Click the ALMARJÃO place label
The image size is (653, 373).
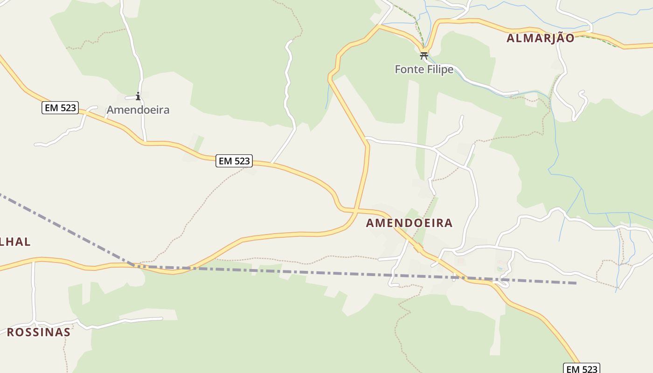point(540,38)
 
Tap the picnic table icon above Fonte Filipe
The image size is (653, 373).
point(424,56)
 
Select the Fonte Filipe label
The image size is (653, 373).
point(424,69)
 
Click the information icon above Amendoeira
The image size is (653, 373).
point(138,97)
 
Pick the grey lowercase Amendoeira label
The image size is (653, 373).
point(138,110)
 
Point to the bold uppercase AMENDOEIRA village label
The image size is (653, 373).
point(409,223)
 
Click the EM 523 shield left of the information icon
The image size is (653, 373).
point(60,108)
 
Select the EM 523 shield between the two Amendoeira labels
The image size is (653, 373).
point(235,161)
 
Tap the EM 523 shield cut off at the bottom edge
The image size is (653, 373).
point(581,368)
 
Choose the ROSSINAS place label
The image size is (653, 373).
point(38,332)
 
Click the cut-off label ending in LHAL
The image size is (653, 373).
point(15,242)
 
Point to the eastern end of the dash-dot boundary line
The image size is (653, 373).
point(577,283)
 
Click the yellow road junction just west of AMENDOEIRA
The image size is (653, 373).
point(355,211)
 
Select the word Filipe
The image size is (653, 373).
point(439,69)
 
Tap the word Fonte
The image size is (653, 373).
point(409,69)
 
